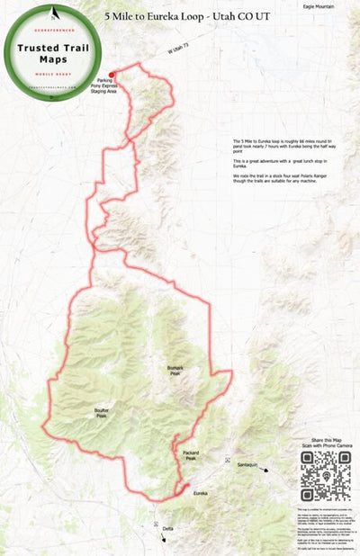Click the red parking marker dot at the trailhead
(112, 75)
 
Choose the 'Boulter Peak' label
(101, 413)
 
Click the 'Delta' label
(168, 529)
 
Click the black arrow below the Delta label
(165, 539)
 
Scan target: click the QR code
(325, 476)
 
